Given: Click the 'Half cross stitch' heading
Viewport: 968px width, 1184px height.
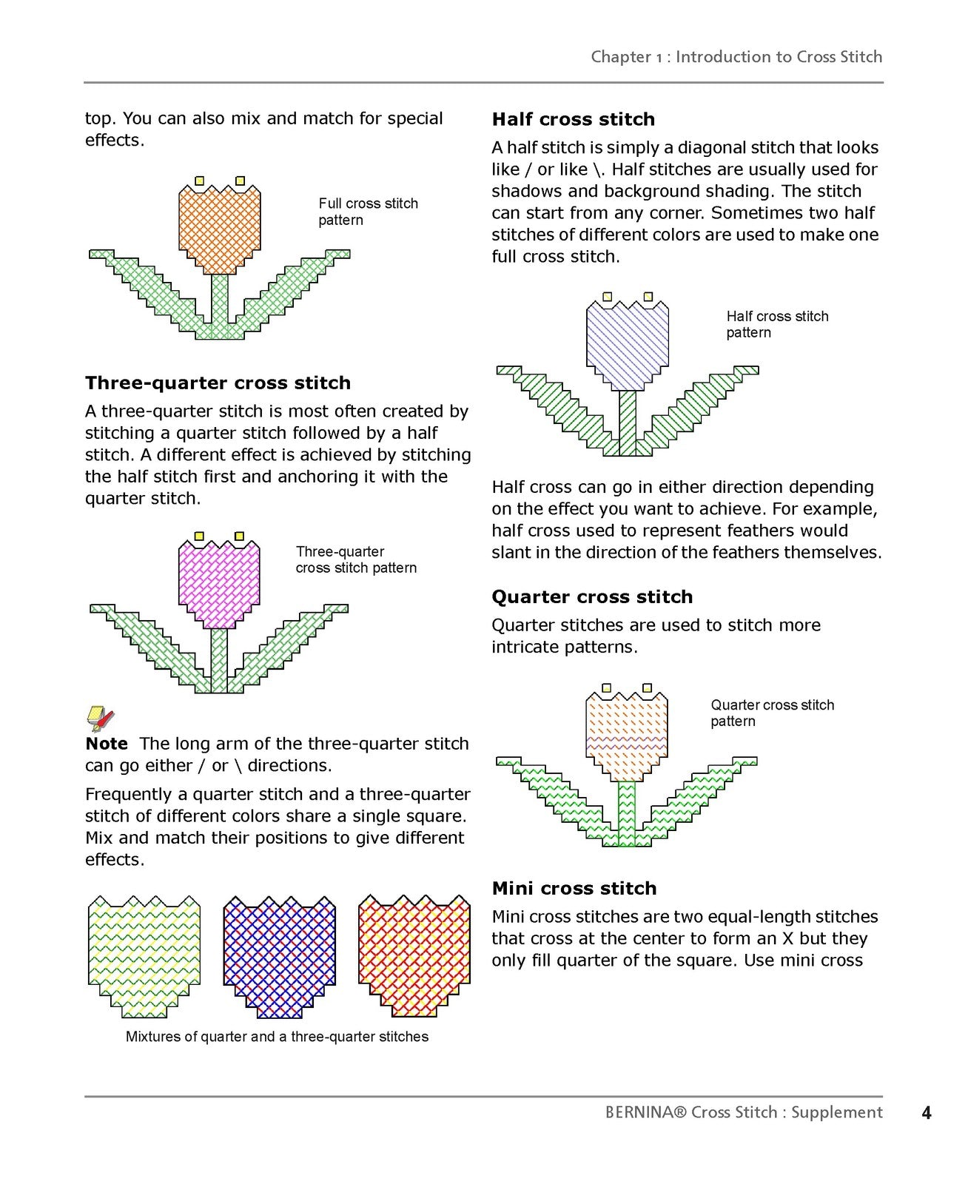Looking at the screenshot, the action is pyautogui.click(x=574, y=119).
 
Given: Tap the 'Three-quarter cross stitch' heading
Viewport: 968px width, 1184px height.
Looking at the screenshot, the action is pyautogui.click(x=218, y=383).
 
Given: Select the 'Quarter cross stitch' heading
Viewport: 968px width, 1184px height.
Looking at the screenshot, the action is pyautogui.click(x=592, y=596).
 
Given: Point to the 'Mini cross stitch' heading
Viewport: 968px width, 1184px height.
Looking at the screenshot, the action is pyautogui.click(x=574, y=889).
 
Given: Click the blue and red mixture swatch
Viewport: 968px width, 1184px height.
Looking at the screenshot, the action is pyautogui.click(x=280, y=956).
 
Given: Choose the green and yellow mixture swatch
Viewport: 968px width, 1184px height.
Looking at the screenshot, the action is pyautogui.click(x=144, y=956).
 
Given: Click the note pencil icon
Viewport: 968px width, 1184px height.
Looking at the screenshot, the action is pyautogui.click(x=100, y=719).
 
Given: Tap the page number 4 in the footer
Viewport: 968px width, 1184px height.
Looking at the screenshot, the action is pyautogui.click(x=927, y=1113).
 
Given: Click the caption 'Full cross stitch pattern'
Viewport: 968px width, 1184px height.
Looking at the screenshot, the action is pyautogui.click(x=369, y=212).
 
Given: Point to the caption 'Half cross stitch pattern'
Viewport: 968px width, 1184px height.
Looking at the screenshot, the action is pyautogui.click(x=777, y=325).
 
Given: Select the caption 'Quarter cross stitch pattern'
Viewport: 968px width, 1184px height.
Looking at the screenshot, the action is pyautogui.click(x=772, y=713).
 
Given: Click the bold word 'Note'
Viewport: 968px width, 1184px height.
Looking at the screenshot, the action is pyautogui.click(x=107, y=744).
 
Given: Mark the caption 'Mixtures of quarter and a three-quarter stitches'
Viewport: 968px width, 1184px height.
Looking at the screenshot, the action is pyautogui.click(x=277, y=1037).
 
